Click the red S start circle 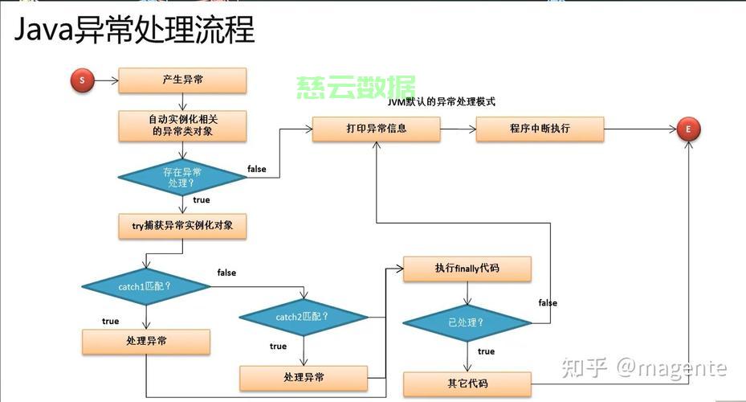click(83, 80)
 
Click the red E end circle click(688, 129)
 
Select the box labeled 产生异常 click(182, 80)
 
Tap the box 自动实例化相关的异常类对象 click(182, 125)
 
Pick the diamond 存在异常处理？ click(182, 177)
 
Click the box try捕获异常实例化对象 click(182, 226)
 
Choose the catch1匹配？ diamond click(146, 286)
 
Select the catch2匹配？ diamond click(304, 317)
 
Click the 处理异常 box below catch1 click(146, 342)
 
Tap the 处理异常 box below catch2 click(304, 377)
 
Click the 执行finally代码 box click(467, 269)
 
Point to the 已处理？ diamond click(467, 322)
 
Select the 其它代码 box click(467, 384)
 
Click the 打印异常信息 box click(376, 129)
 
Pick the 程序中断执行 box click(540, 129)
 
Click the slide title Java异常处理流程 click(135, 31)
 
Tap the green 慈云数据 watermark click(356, 87)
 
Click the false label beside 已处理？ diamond click(548, 303)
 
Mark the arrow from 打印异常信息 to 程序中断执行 click(458, 129)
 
